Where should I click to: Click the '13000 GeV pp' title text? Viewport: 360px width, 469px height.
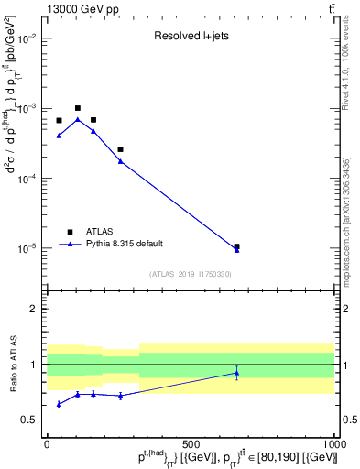(x=80, y=8)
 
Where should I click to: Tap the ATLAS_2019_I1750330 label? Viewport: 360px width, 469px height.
(x=191, y=274)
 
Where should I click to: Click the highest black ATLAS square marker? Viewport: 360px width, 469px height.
(x=78, y=108)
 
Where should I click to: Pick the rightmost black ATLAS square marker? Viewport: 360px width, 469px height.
(x=236, y=246)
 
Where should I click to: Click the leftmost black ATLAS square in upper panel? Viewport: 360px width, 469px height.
(x=59, y=121)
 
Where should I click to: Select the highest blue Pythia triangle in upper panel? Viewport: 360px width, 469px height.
(x=78, y=119)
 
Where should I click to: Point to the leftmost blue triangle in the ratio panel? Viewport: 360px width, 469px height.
(x=59, y=404)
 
